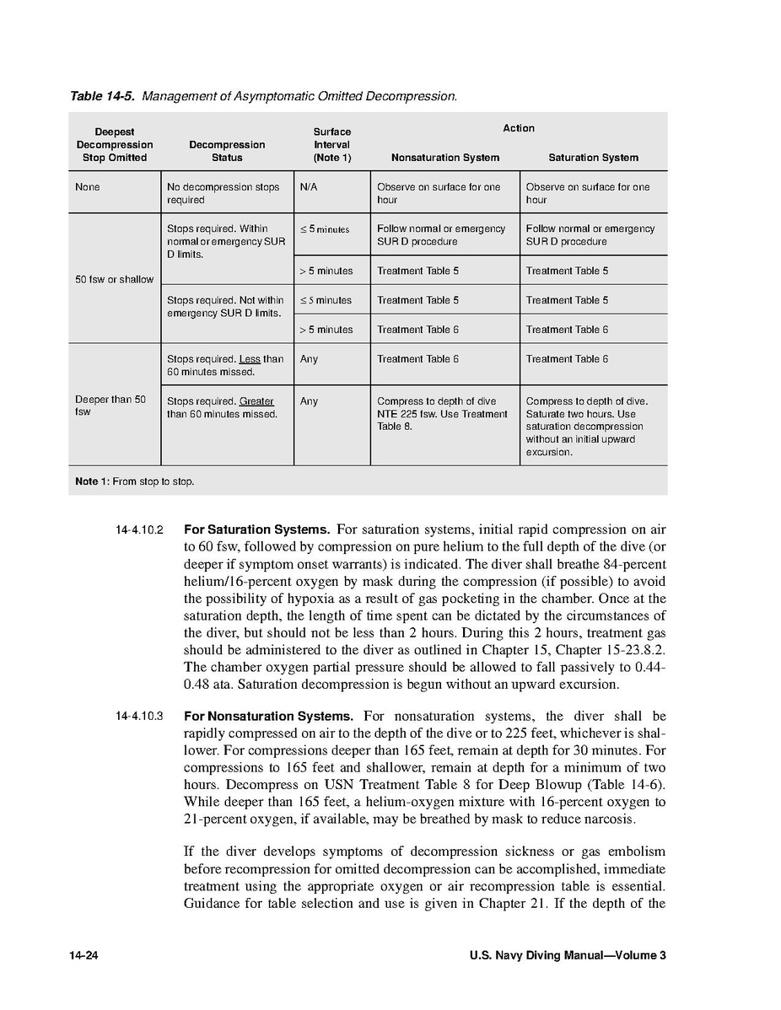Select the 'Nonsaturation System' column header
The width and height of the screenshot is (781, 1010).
click(444, 158)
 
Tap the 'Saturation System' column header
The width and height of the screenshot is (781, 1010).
click(593, 158)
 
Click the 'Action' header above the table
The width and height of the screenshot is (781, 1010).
click(519, 128)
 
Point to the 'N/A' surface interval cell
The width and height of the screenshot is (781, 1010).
click(308, 187)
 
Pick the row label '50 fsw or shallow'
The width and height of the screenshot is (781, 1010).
click(114, 279)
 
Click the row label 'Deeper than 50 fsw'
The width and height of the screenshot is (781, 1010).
click(110, 406)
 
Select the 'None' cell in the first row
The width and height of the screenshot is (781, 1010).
click(87, 187)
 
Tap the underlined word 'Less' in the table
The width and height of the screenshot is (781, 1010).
click(250, 359)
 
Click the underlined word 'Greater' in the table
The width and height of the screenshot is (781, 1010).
click(256, 401)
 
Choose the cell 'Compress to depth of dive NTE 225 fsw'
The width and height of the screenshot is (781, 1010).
click(442, 414)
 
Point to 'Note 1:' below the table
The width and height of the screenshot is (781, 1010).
click(92, 481)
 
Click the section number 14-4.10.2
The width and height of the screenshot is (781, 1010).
click(139, 531)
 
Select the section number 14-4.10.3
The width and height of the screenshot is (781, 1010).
click(139, 717)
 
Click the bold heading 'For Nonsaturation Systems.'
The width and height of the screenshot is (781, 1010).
click(268, 717)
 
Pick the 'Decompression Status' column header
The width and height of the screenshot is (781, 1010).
click(227, 151)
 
